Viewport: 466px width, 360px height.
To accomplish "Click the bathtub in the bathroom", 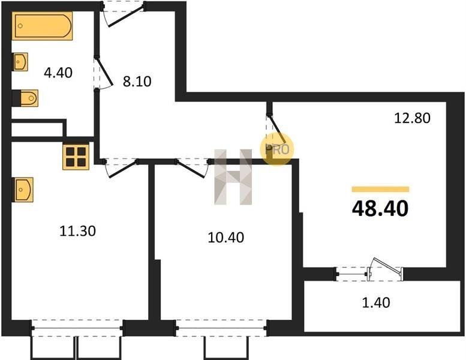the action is coord(43,26).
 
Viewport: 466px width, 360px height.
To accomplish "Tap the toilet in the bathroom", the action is coord(29,98).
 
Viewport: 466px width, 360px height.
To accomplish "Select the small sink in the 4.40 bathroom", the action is coord(20,62).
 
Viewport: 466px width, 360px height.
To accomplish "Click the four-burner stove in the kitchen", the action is coord(76,157).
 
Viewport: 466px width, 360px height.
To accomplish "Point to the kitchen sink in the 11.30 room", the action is coord(23,190).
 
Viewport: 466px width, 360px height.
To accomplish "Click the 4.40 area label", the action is coord(58,73).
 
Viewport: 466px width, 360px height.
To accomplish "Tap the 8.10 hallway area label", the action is coord(137,81).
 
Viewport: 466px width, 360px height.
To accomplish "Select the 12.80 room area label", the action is coord(412,118).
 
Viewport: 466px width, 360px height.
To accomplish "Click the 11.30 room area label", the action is coord(77,231).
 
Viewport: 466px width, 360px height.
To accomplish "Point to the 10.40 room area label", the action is coord(226,238).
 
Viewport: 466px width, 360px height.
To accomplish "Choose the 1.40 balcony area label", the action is coord(376,302).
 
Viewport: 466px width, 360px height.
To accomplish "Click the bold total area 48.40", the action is coord(380,209).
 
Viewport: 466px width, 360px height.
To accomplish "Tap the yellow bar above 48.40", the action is coord(380,190).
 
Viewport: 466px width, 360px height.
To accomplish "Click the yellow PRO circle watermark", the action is coord(277,149).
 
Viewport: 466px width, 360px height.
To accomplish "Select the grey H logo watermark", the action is coord(233,177).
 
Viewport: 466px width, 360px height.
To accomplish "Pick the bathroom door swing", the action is coord(104,73).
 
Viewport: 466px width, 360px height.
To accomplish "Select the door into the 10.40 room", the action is coord(192,168).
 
